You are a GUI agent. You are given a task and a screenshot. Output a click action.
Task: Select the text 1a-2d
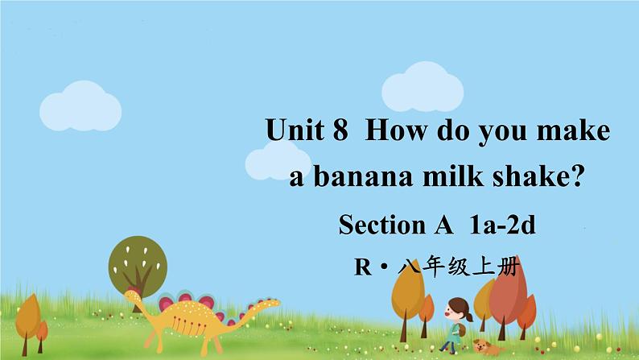[501, 225]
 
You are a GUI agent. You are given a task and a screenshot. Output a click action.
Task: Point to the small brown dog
[485, 346]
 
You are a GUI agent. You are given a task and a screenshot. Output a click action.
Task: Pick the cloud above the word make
[421, 90]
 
